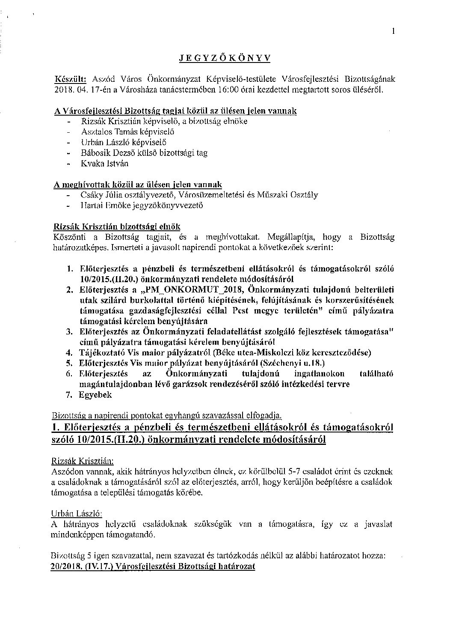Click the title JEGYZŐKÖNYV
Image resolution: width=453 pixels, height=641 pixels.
click(x=225, y=59)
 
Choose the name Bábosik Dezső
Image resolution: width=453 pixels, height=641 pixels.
click(x=103, y=153)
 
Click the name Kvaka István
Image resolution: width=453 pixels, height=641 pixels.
click(x=104, y=164)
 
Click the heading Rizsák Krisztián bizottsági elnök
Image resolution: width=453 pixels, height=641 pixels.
click(x=117, y=226)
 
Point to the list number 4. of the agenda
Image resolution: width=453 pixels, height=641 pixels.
click(x=68, y=353)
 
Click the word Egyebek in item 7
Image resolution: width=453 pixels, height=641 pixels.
click(x=95, y=395)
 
